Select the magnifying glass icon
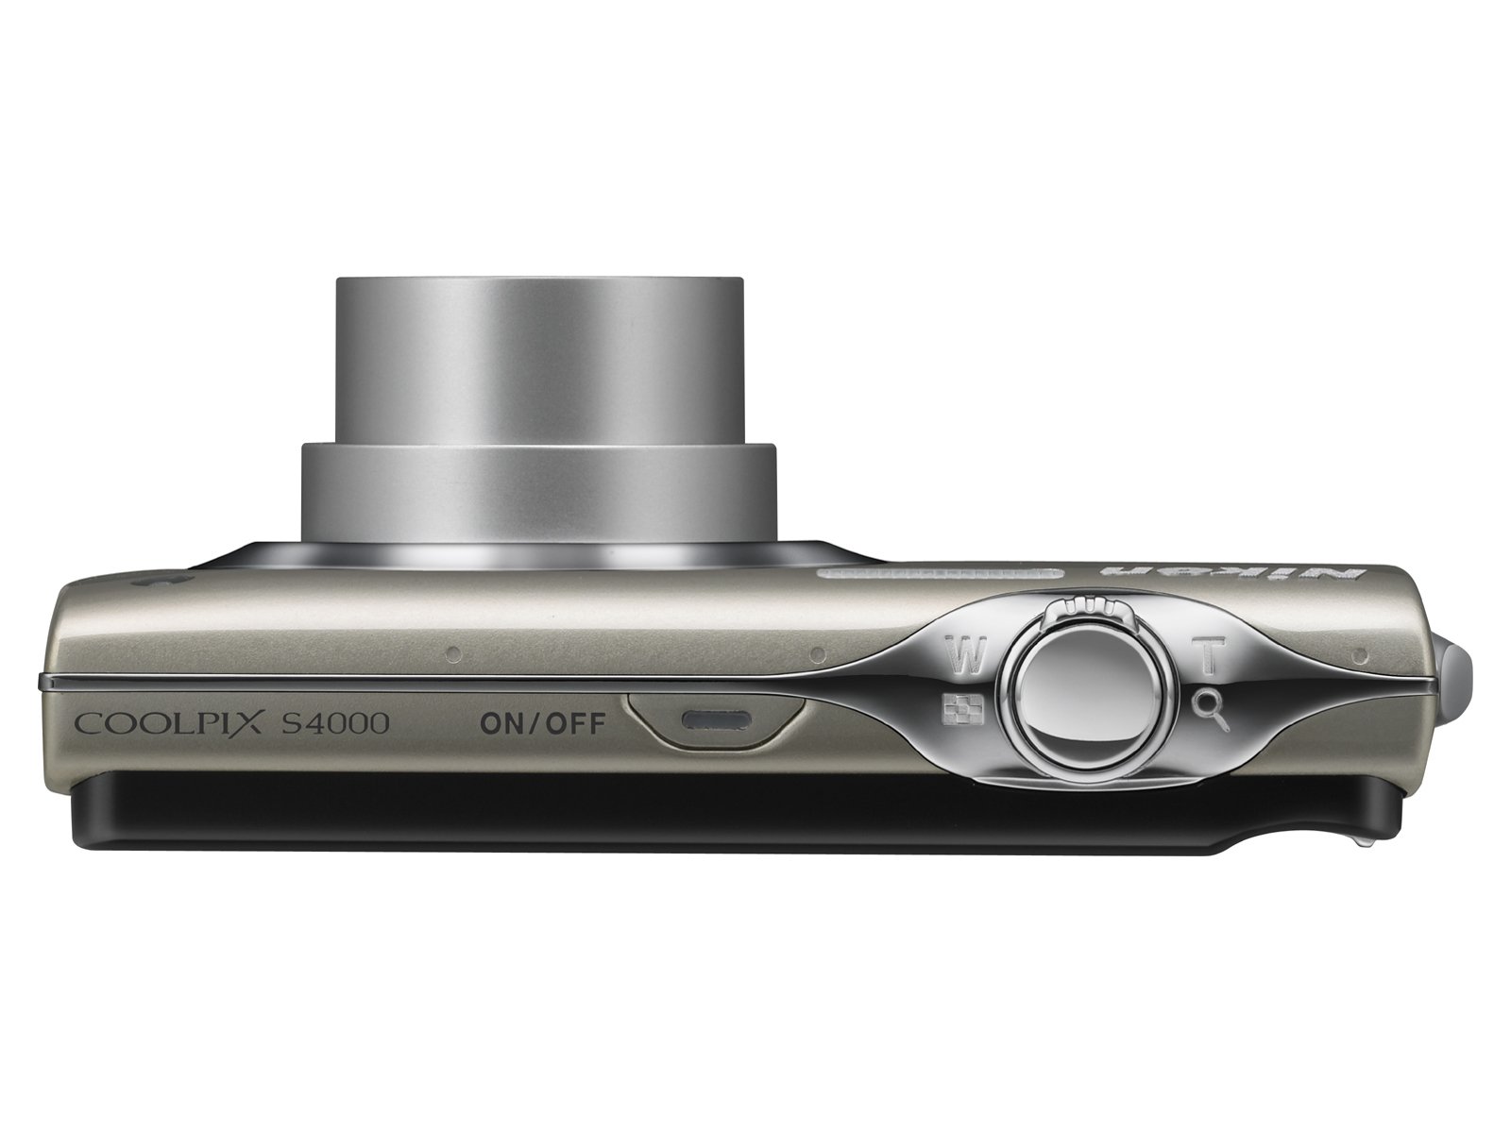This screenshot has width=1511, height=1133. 1210,708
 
